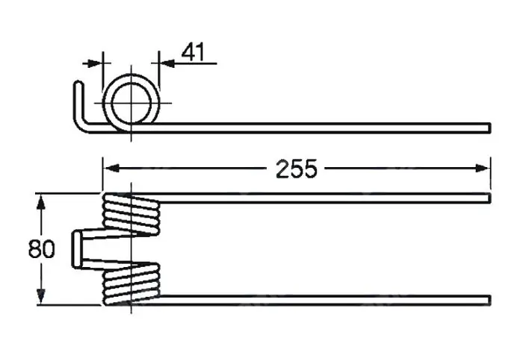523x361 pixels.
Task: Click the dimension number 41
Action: [x=193, y=52]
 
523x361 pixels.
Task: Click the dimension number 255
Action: [x=297, y=169]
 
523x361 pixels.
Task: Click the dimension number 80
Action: [x=41, y=249]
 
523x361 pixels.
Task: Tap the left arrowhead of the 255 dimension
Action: [x=111, y=168]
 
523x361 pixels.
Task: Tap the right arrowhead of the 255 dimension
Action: [x=483, y=168]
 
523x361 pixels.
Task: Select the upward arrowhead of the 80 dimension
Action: [x=40, y=202]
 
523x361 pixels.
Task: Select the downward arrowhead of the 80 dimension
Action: [x=40, y=296]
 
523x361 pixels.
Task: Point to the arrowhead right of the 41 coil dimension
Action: [x=167, y=63]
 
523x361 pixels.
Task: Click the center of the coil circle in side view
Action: [x=131, y=103]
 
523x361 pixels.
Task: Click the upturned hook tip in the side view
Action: [x=78, y=83]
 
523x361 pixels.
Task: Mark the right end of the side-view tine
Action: [x=490, y=128]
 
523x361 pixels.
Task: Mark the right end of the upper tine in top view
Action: [x=490, y=198]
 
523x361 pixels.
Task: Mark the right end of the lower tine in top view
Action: [x=490, y=300]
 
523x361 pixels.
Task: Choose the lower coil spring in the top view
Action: [x=131, y=283]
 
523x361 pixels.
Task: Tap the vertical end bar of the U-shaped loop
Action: [x=76, y=249]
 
